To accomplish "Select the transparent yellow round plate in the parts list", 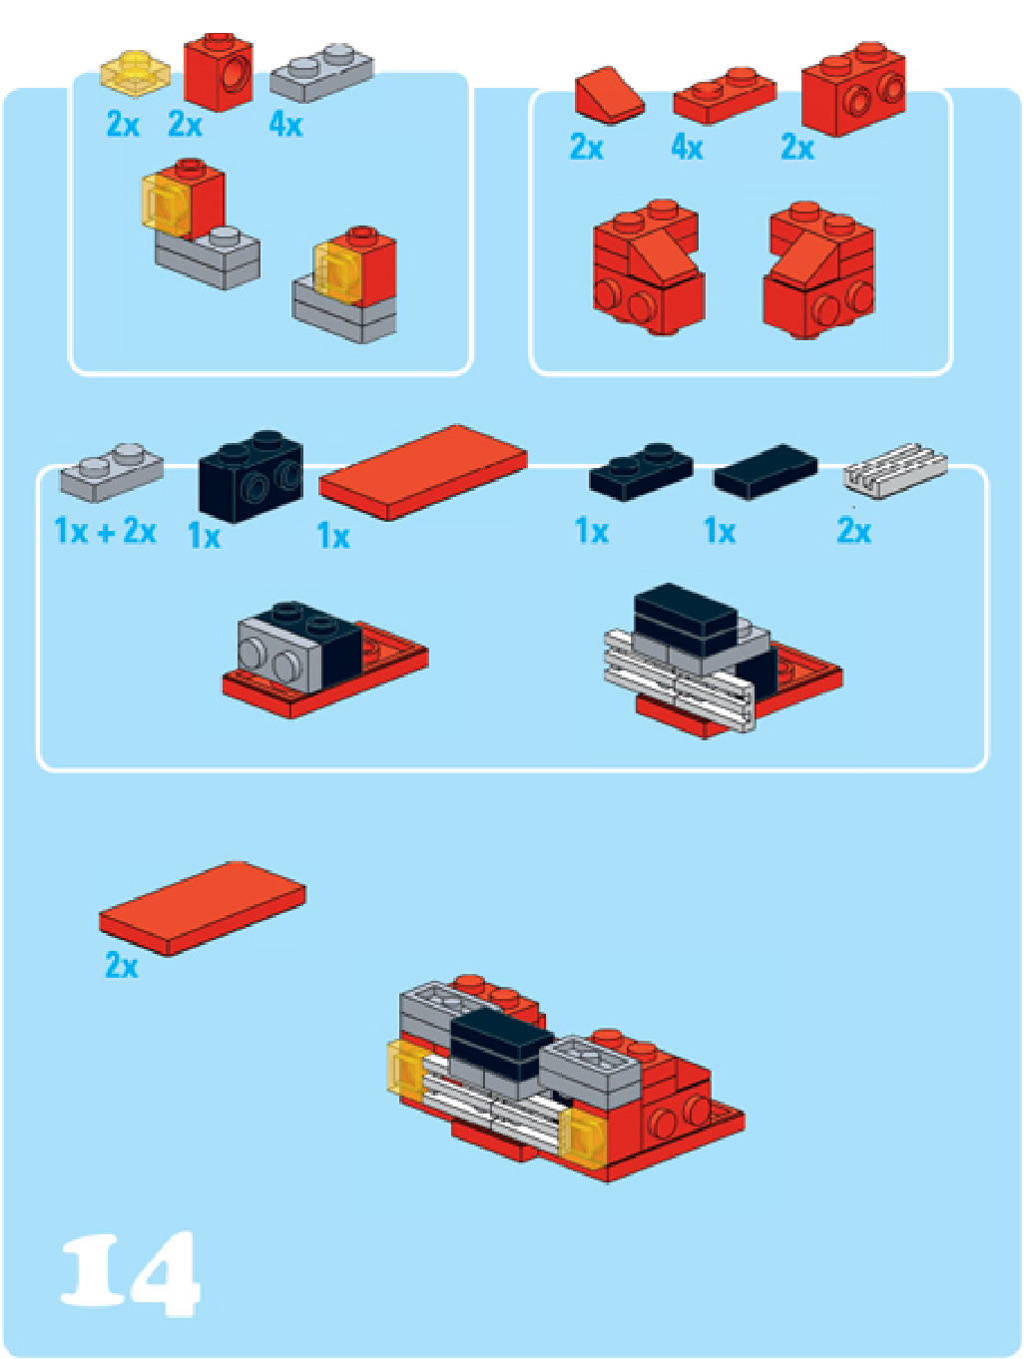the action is coord(136,73).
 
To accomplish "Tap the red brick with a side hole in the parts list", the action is coord(218,72).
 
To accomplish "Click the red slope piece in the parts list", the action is coord(609,95).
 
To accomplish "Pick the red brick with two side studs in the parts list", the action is coord(852,89).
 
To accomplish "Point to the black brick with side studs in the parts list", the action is coord(251,476).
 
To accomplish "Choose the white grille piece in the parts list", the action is coord(894,471).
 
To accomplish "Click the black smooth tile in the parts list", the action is coord(766,471).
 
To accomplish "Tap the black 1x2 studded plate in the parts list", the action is coord(641,472).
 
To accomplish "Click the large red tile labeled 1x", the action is coord(423,472).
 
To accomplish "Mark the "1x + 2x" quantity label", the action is coord(105,531).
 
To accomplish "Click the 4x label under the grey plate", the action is coord(285,125).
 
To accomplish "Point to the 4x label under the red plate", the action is coord(687,148).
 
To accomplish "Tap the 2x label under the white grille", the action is coord(853,531).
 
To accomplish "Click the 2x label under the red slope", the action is coord(586,148).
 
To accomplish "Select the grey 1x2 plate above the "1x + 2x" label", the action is coord(112,472).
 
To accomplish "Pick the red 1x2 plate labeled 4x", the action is coord(725,96).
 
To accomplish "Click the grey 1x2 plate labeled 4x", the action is coord(321,73).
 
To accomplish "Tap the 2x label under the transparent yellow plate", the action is coord(123,125).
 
